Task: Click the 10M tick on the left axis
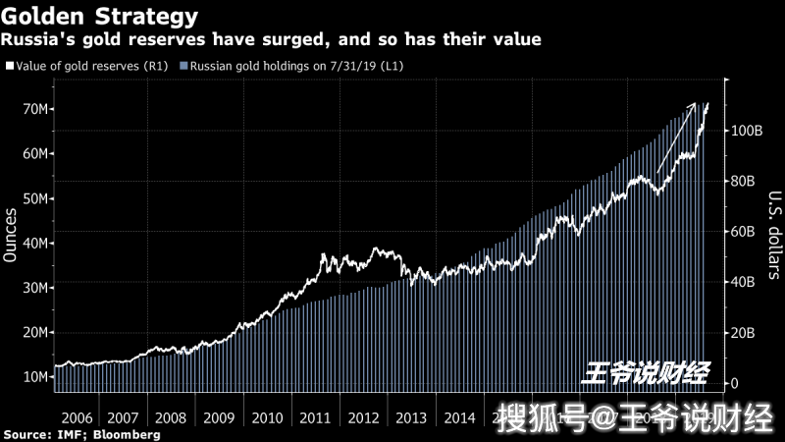(x=33, y=377)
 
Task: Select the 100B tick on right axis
(x=747, y=131)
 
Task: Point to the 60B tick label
(x=743, y=232)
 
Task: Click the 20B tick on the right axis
(x=743, y=333)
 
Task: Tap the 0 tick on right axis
(x=734, y=383)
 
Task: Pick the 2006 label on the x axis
(x=77, y=416)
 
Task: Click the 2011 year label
(x=316, y=416)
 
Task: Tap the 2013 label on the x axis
(x=412, y=416)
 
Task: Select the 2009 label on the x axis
(x=220, y=416)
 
